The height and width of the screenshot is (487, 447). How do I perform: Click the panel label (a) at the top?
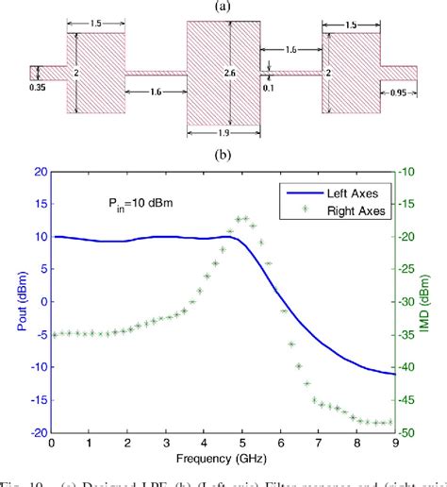223,8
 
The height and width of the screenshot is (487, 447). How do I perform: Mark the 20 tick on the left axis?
38,173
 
